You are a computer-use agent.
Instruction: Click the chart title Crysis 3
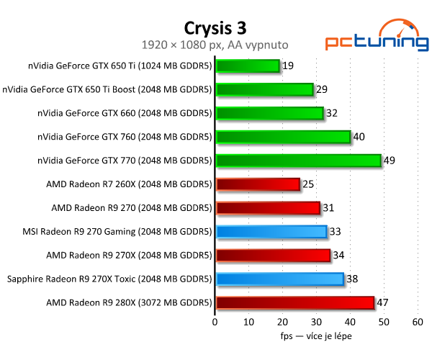(x=215, y=27)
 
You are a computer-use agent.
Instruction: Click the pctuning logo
(x=367, y=35)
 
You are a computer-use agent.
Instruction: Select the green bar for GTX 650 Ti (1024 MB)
(x=248, y=66)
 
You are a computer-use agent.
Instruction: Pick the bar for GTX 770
(x=298, y=161)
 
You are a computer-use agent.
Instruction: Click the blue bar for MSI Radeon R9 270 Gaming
(x=271, y=232)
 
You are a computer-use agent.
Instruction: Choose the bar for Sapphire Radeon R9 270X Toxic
(x=279, y=279)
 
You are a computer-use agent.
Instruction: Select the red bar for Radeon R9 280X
(x=294, y=302)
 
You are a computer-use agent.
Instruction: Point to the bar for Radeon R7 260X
(x=258, y=184)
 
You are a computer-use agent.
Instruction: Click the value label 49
(x=389, y=161)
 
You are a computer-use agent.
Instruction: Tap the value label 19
(x=288, y=66)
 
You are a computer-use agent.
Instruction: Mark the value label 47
(x=382, y=302)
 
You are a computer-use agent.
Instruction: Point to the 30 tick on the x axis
(x=316, y=322)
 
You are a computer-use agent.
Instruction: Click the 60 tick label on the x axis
(x=417, y=322)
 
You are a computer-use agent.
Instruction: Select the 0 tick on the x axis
(x=215, y=322)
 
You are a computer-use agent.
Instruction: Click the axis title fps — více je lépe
(x=316, y=336)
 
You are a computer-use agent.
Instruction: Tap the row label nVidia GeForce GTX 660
(x=125, y=113)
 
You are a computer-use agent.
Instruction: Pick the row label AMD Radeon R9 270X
(x=129, y=255)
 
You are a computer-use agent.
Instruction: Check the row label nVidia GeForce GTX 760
(x=125, y=137)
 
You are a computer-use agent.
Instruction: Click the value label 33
(x=336, y=232)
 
